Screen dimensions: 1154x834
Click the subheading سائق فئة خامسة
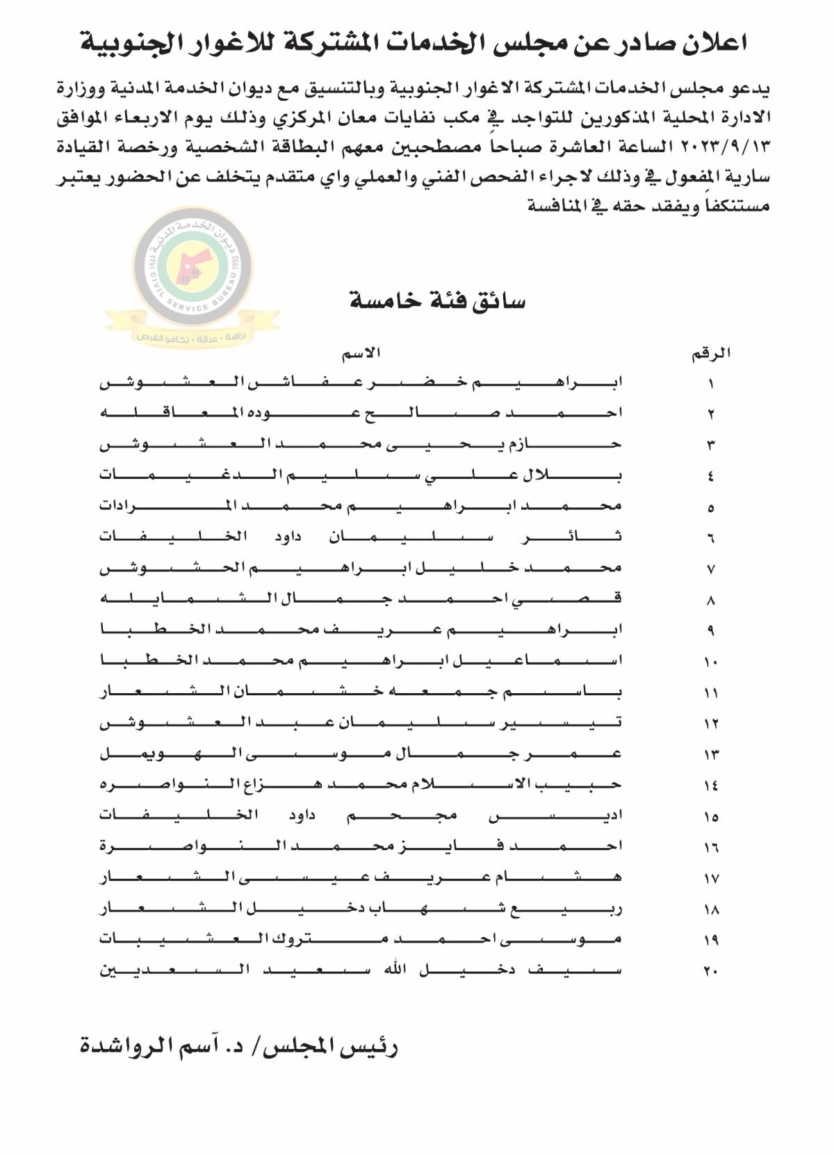point(436,302)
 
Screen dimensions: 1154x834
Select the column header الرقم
point(710,353)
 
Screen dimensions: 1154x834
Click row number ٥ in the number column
point(711,507)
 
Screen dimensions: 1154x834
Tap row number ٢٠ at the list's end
point(711,971)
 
